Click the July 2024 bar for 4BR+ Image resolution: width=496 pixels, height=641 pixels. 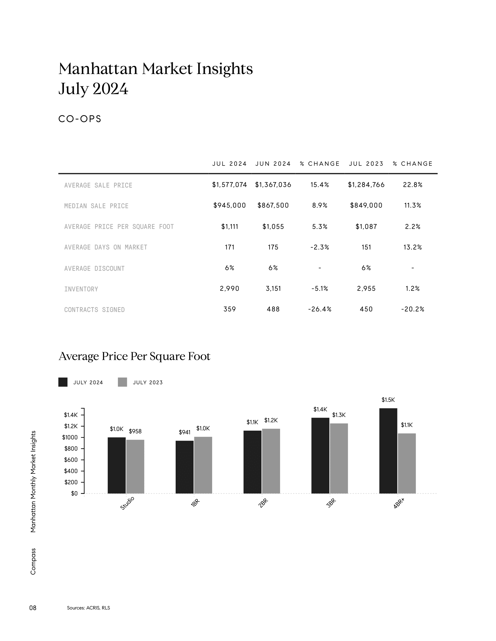[388, 451]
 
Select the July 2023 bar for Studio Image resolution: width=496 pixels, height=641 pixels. [135, 466]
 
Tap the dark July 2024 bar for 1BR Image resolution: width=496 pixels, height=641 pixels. [184, 467]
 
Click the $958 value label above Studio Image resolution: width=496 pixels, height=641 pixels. [135, 431]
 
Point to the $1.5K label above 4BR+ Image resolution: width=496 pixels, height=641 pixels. [388, 400]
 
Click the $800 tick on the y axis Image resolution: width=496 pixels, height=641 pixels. [71, 448]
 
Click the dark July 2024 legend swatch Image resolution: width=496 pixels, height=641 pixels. [63, 382]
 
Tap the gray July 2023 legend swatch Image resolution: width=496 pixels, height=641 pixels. [122, 382]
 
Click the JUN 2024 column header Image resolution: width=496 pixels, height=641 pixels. [273, 164]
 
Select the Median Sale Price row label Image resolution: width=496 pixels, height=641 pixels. [96, 206]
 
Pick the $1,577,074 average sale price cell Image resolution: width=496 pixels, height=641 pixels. [230, 185]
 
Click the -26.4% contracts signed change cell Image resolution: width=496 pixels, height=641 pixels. [320, 309]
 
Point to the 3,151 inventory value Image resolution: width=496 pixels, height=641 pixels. [273, 288]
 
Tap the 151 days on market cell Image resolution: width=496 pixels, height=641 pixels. [366, 247]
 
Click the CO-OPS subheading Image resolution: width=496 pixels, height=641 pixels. [80, 119]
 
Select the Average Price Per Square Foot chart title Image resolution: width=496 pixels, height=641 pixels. [135, 356]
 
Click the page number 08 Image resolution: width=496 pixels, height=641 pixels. [33, 608]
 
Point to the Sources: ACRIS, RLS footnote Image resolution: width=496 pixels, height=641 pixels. [88, 608]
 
